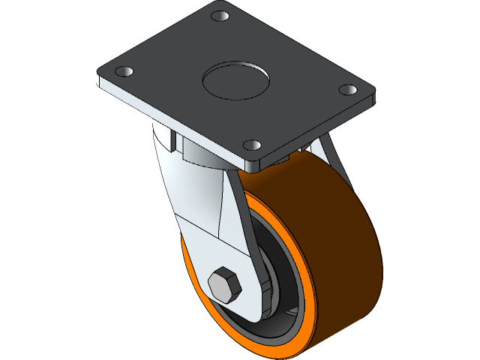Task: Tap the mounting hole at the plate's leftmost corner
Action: point(124,72)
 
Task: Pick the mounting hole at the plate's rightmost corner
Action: point(347,90)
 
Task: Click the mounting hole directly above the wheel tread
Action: point(253,144)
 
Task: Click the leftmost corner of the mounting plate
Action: point(97,77)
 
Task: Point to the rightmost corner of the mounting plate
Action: point(373,97)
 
